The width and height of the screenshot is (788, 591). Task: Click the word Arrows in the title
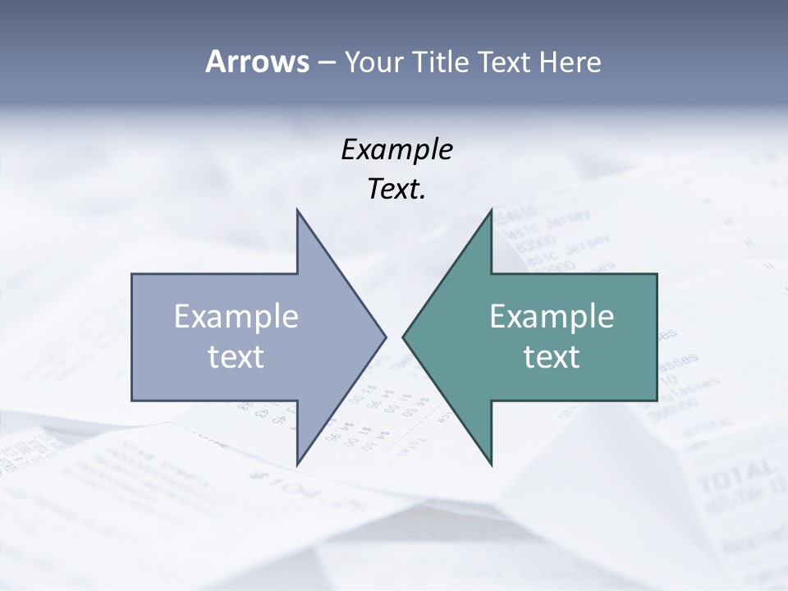coord(256,62)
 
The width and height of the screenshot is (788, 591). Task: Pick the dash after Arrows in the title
coord(325,62)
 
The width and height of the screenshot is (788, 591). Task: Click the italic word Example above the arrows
coord(396,150)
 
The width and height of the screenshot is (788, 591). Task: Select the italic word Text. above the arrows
coord(396,190)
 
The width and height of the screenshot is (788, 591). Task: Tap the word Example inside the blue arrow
coord(236,317)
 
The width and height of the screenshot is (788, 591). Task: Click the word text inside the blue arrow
coord(236,357)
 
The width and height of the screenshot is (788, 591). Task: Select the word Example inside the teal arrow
coord(552,317)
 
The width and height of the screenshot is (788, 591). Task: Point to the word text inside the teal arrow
coord(552,357)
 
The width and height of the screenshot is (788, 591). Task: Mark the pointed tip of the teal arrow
coord(404,337)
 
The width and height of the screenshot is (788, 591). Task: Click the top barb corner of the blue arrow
coord(297,211)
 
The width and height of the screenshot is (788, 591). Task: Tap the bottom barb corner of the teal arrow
coord(491,464)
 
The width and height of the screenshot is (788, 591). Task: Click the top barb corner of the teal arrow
coord(491,211)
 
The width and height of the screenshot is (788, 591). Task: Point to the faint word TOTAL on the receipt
coord(735,475)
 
